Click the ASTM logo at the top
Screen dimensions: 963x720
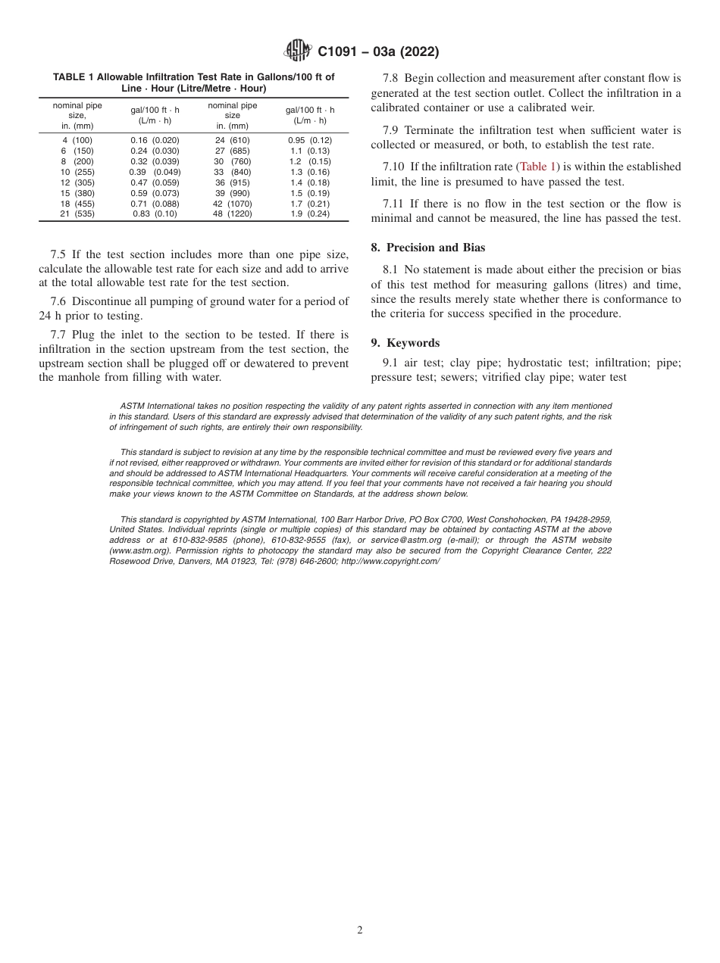point(297,51)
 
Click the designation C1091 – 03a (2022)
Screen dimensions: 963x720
point(378,52)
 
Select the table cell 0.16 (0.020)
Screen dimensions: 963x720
point(155,140)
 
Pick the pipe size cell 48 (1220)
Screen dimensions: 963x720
point(232,214)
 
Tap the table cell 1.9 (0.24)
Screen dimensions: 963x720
point(310,214)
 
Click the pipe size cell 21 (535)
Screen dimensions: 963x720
point(77,214)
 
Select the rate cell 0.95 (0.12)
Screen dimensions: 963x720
point(310,140)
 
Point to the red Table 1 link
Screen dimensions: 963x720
point(538,167)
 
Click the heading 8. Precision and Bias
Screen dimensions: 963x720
point(428,248)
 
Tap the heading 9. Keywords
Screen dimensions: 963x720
point(405,343)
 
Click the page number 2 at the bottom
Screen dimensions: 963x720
point(360,930)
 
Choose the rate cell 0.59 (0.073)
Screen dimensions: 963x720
point(155,193)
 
